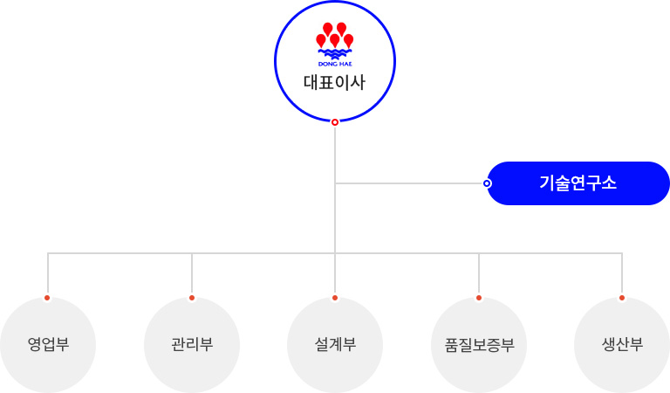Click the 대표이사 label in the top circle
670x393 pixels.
[x=335, y=83]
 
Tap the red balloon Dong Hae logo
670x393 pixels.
[x=335, y=45]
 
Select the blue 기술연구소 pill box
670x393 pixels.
[x=578, y=183]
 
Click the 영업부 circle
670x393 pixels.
[x=48, y=345]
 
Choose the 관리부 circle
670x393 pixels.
[x=192, y=345]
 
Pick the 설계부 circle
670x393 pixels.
[x=335, y=345]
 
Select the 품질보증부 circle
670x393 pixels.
[x=479, y=345]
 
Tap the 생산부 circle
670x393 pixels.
[x=622, y=345]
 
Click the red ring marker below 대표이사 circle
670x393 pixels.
[x=335, y=122]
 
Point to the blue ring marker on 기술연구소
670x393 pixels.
[x=487, y=183]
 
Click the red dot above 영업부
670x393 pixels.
[x=47, y=298]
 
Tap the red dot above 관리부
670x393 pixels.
[x=192, y=298]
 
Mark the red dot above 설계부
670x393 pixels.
[x=335, y=298]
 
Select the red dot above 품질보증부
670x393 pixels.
[x=479, y=298]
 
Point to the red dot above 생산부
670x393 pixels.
[x=622, y=298]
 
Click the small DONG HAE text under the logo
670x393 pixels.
[x=335, y=64]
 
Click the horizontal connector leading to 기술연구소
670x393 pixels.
[x=409, y=183]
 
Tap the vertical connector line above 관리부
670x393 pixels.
[x=192, y=272]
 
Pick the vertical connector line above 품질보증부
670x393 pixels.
[x=479, y=272]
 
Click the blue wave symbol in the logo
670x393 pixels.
[x=335, y=54]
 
